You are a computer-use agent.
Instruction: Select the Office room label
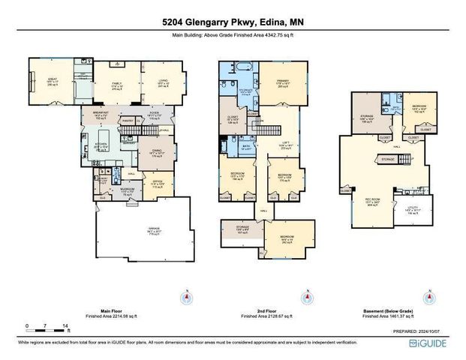[158, 181]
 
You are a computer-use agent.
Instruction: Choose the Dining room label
[157, 152]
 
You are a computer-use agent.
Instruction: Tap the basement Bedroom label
[419, 109]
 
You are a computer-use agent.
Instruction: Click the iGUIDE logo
[430, 343]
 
